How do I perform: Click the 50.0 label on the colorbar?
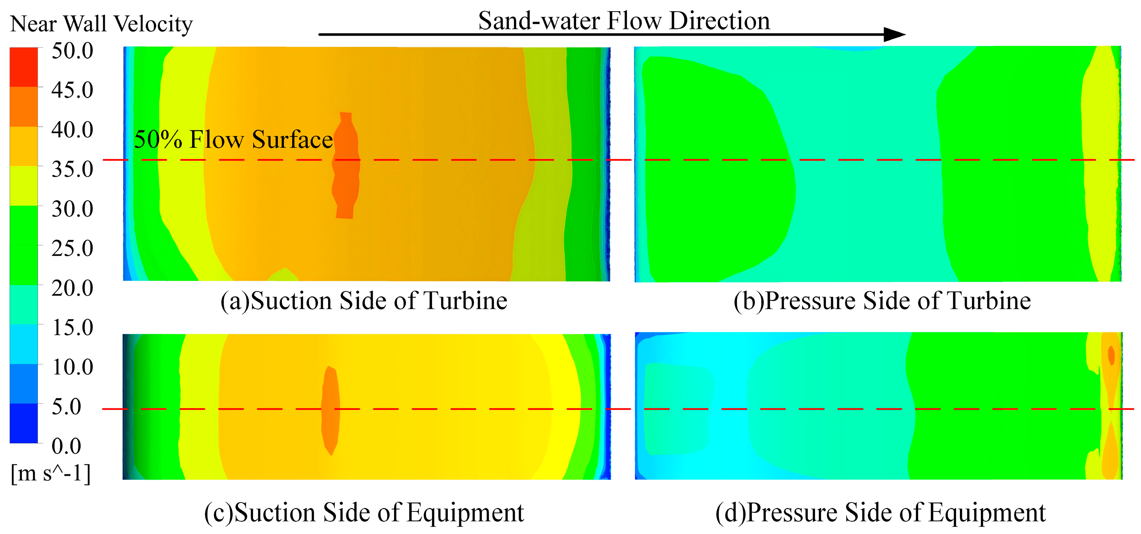pyautogui.click(x=72, y=51)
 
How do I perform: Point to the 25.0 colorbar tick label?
pyautogui.click(x=72, y=248)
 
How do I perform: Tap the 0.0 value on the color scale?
pyautogui.click(x=66, y=446)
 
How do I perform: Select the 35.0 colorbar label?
pyautogui.click(x=72, y=169)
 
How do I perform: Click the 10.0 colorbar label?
pyautogui.click(x=72, y=367)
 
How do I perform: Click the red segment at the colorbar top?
pyautogui.click(x=24, y=67)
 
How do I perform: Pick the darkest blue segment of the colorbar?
pyautogui.click(x=24, y=423)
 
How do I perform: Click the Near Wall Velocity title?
pyautogui.click(x=101, y=24)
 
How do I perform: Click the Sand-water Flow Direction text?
pyautogui.click(x=624, y=20)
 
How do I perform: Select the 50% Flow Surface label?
pyautogui.click(x=233, y=139)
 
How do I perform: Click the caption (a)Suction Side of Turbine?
pyautogui.click(x=363, y=301)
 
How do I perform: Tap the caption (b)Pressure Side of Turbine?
pyautogui.click(x=882, y=301)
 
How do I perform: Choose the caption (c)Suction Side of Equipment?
pyautogui.click(x=363, y=513)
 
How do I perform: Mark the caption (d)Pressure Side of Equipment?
pyautogui.click(x=880, y=513)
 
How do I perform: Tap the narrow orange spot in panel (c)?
pyautogui.click(x=331, y=410)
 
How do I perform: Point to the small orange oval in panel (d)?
pyautogui.click(x=1111, y=355)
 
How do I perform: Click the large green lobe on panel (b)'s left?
pyautogui.click(x=713, y=169)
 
